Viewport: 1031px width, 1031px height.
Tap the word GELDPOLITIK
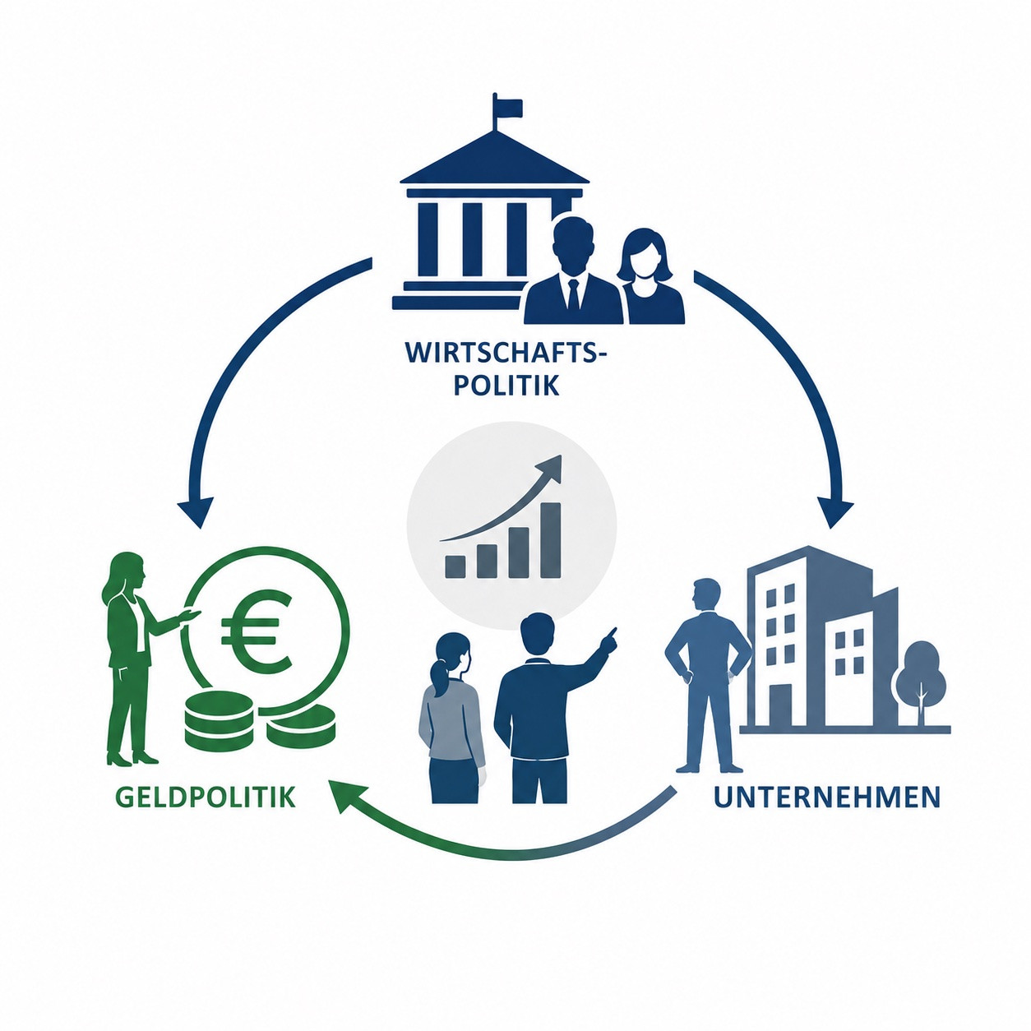[x=205, y=797]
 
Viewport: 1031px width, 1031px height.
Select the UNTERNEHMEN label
[x=826, y=797]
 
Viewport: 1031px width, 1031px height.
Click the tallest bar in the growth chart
[x=551, y=540]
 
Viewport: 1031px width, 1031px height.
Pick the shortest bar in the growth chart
[x=455, y=567]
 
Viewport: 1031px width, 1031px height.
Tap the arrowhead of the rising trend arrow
[x=549, y=470]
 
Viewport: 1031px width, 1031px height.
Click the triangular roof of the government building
[x=494, y=157]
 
